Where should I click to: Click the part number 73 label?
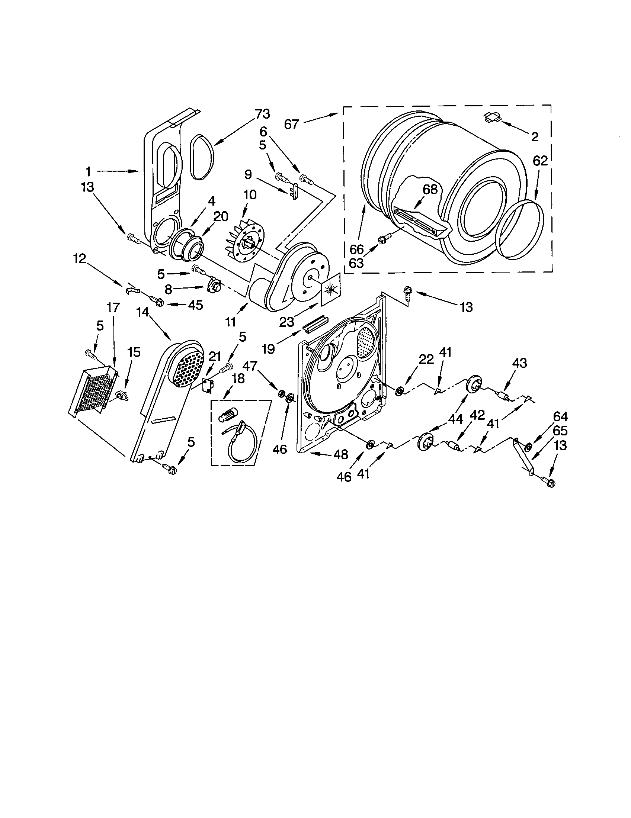click(262, 114)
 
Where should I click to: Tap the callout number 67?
click(291, 123)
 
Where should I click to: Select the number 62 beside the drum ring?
click(540, 161)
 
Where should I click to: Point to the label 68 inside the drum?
click(430, 189)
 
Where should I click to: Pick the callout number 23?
click(286, 322)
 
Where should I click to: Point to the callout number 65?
click(560, 431)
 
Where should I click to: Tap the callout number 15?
click(134, 352)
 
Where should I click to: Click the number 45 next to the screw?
click(195, 305)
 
